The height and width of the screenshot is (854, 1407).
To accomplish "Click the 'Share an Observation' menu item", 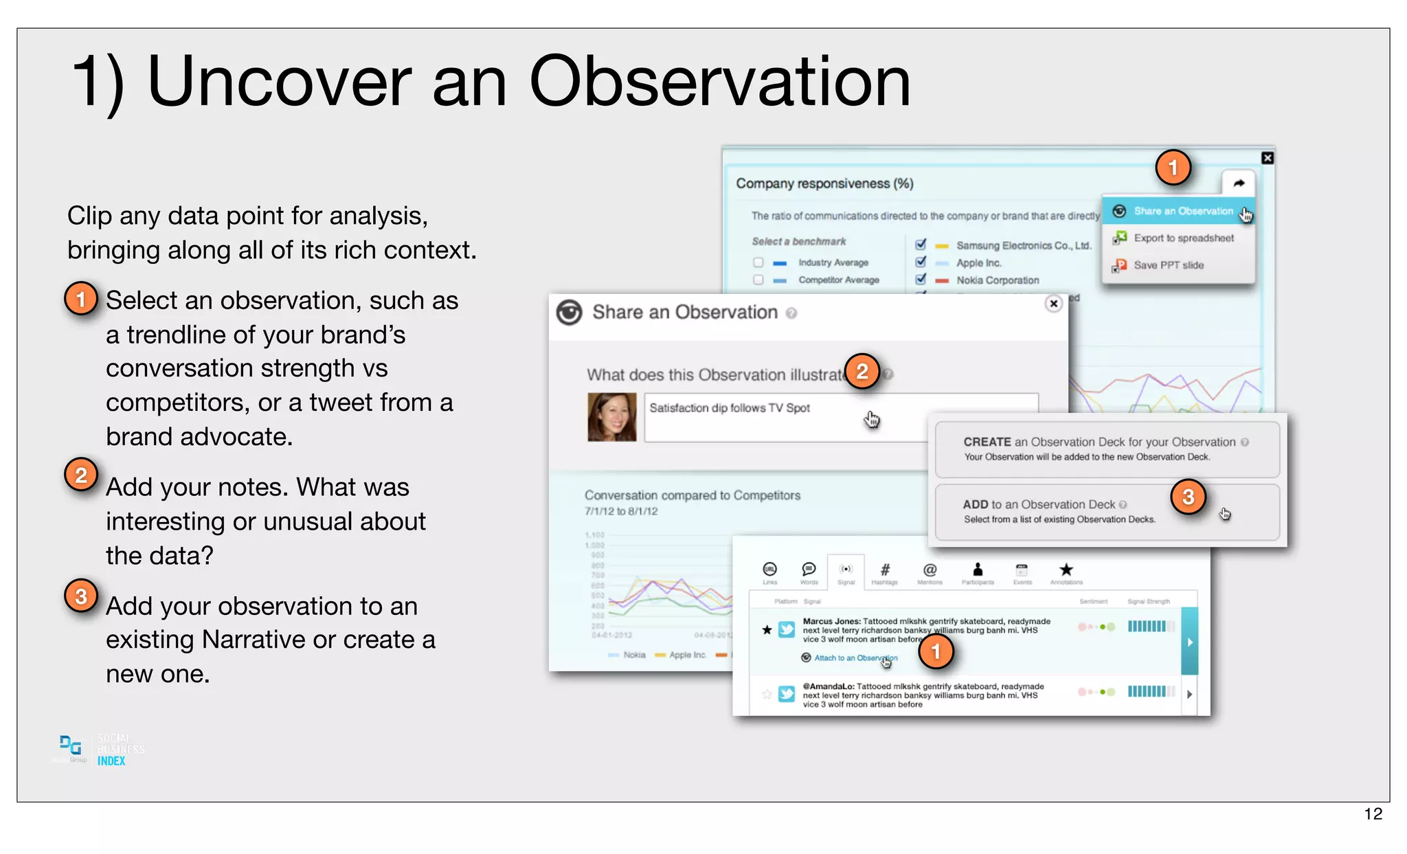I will [1182, 211].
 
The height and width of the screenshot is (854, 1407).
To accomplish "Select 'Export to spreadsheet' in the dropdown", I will [1183, 238].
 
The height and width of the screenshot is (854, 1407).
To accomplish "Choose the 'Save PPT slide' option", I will [1168, 265].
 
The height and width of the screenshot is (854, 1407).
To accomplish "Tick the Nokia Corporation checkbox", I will [921, 280].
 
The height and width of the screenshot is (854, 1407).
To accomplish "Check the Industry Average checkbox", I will [758, 262].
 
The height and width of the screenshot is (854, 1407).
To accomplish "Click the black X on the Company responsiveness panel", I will [1268, 158].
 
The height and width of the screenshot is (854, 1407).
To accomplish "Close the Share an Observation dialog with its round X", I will [1053, 304].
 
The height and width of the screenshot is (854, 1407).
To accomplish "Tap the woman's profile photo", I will [611, 416].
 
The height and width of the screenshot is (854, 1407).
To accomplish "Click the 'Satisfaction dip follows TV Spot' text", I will [729, 408].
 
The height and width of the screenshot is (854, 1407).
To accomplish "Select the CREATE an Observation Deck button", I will [1106, 449].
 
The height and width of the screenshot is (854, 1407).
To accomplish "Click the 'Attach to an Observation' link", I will [855, 658].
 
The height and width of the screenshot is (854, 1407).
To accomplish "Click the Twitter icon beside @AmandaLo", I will [787, 694].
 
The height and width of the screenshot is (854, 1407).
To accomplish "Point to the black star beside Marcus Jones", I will [767, 629].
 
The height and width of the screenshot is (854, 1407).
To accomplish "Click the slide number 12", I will [1373, 814].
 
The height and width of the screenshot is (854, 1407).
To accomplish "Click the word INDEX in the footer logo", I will [111, 761].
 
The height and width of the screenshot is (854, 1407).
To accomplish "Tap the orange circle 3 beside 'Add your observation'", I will [81, 596].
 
